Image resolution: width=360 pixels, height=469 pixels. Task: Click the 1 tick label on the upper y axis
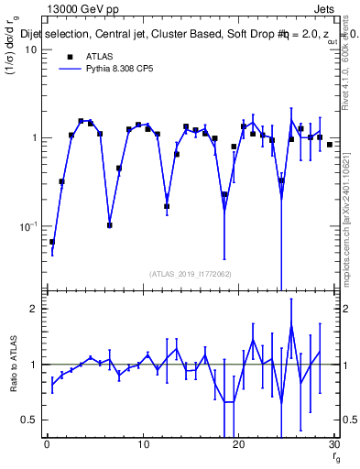[x=34, y=138]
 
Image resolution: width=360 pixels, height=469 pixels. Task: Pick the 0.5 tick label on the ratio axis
[x=29, y=420]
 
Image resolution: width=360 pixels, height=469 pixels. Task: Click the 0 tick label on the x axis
[x=47, y=444]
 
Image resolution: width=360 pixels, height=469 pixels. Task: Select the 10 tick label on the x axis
[x=143, y=444]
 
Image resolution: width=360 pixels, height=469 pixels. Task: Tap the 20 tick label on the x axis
[x=238, y=444]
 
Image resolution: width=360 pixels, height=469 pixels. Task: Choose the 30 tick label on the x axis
[x=333, y=444]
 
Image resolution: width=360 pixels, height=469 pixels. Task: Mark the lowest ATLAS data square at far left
[x=52, y=242]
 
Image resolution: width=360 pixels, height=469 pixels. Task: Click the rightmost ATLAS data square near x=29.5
[x=330, y=145]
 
